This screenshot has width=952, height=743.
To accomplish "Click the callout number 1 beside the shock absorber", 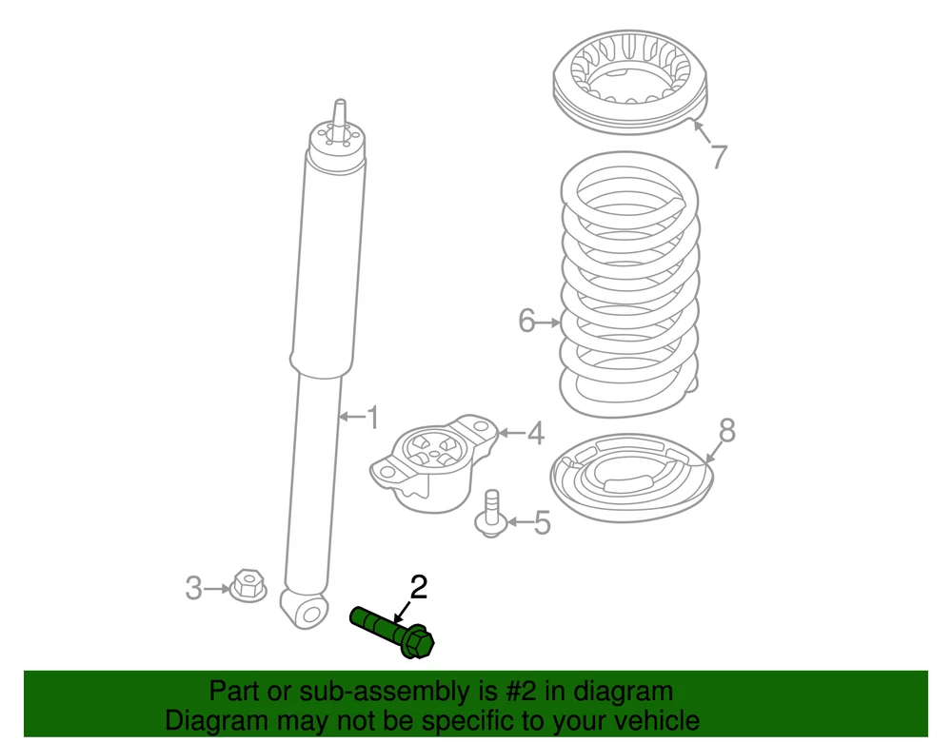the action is (x=373, y=418).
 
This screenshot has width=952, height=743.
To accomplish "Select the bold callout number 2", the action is (x=419, y=587).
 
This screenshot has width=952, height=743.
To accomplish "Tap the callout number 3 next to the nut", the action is (x=193, y=588).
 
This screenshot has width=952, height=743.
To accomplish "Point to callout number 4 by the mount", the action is (x=535, y=433).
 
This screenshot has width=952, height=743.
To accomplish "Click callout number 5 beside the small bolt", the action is (x=542, y=522).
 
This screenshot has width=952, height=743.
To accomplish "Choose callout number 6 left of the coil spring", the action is (x=526, y=321).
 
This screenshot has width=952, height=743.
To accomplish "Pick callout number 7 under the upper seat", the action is (x=719, y=156).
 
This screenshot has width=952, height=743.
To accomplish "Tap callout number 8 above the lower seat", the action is (x=726, y=431).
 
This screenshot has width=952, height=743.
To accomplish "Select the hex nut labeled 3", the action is (x=248, y=585).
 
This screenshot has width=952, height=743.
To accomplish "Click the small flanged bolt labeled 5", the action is (x=492, y=515).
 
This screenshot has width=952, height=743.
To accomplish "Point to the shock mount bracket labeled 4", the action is (x=432, y=462).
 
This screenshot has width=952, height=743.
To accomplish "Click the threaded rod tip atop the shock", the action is (x=340, y=113).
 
